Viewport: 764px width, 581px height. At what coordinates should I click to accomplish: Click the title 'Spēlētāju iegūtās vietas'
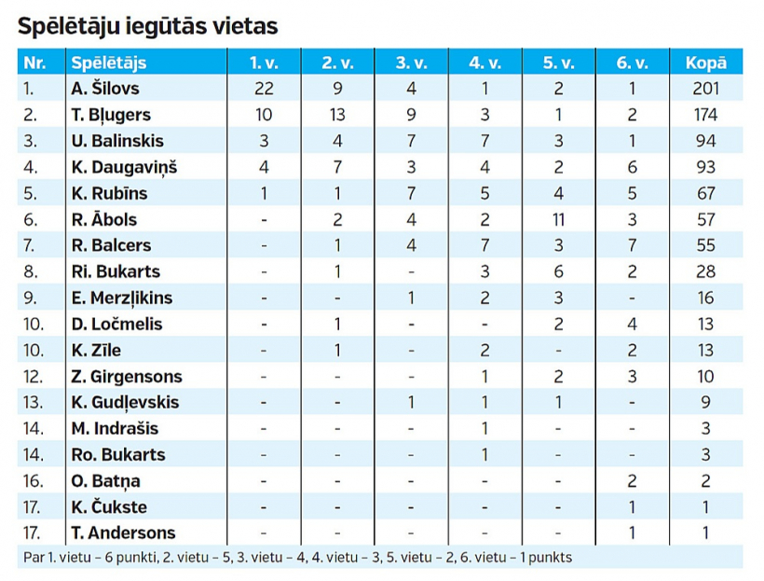point(147,26)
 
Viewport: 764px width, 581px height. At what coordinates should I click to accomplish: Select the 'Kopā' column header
point(705,63)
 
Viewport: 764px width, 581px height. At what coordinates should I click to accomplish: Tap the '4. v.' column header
point(484,63)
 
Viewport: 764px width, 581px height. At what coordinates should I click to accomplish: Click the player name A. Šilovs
point(105,89)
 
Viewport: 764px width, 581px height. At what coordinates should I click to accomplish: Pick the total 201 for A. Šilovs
point(705,89)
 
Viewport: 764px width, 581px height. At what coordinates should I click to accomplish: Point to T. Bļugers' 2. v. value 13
point(338,115)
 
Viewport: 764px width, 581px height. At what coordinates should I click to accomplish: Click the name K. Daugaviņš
point(123,167)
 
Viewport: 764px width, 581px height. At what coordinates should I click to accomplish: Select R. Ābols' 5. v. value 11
point(558,219)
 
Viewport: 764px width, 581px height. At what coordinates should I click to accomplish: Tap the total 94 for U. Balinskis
point(705,141)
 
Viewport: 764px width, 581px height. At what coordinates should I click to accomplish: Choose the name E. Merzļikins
point(121,298)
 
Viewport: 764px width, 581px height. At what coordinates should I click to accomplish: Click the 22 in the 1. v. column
point(264,89)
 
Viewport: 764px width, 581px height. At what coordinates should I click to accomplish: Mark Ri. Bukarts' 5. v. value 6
point(558,272)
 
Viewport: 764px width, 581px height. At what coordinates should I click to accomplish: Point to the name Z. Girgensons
point(126,377)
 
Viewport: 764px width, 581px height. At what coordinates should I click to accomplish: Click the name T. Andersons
point(122,533)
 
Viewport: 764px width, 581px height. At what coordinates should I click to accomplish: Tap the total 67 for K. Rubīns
point(705,193)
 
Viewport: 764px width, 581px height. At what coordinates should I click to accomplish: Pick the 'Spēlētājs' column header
point(108,63)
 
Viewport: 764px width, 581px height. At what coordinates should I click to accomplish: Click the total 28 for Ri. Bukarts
point(705,272)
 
